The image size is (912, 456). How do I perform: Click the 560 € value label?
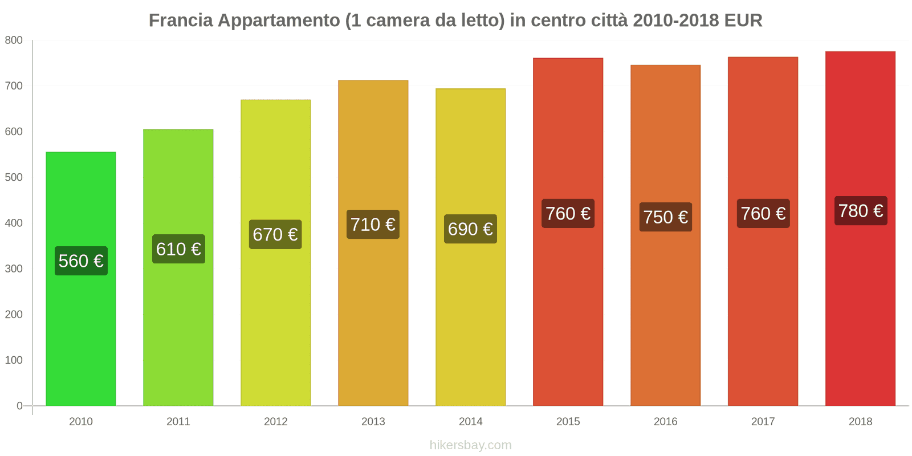[81, 261]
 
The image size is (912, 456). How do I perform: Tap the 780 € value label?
[861, 211]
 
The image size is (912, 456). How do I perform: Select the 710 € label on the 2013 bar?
[373, 225]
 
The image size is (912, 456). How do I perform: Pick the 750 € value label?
[665, 217]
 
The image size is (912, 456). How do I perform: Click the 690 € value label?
[470, 229]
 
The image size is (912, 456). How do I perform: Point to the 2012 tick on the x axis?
[276, 421]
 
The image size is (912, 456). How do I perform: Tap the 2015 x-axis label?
[568, 421]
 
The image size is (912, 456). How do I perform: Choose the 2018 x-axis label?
[860, 421]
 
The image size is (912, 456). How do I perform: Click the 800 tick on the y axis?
[14, 40]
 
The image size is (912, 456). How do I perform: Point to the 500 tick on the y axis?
[14, 177]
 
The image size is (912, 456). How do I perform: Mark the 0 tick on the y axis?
[19, 406]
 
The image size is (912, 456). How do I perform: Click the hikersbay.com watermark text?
[470, 445]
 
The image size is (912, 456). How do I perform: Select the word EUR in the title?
[743, 21]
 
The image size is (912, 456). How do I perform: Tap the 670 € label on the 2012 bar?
[275, 234]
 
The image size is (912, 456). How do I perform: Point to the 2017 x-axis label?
[763, 421]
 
